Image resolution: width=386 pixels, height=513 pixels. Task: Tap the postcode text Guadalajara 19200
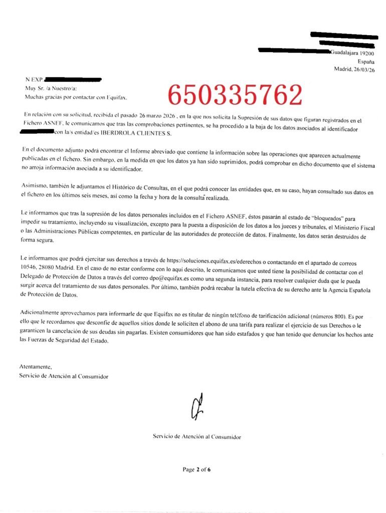click(x=352, y=53)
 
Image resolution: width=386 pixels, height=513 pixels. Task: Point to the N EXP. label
click(x=35, y=79)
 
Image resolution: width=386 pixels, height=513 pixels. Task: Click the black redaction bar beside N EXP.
click(x=73, y=79)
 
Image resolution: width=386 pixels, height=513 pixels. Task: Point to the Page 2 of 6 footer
click(x=197, y=469)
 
